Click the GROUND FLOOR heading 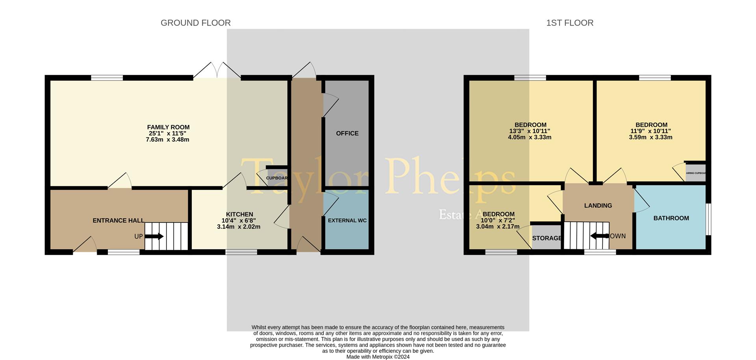[x=195, y=23]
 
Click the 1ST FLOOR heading [x=569, y=23]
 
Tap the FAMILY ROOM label [x=168, y=127]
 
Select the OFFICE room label [x=347, y=134]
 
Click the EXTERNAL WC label [x=347, y=220]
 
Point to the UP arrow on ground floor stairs [x=154, y=236]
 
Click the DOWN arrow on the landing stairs [x=599, y=236]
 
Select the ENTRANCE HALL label [x=118, y=221]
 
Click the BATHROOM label [x=671, y=218]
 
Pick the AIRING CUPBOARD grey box [x=695, y=173]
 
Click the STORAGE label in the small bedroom [x=547, y=238]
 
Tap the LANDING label [x=598, y=206]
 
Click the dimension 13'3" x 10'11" [x=530, y=131]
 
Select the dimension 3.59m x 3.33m [x=650, y=137]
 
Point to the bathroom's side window [x=708, y=219]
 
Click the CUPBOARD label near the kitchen [x=276, y=178]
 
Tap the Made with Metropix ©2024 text [x=378, y=357]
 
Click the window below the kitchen [x=241, y=252]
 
